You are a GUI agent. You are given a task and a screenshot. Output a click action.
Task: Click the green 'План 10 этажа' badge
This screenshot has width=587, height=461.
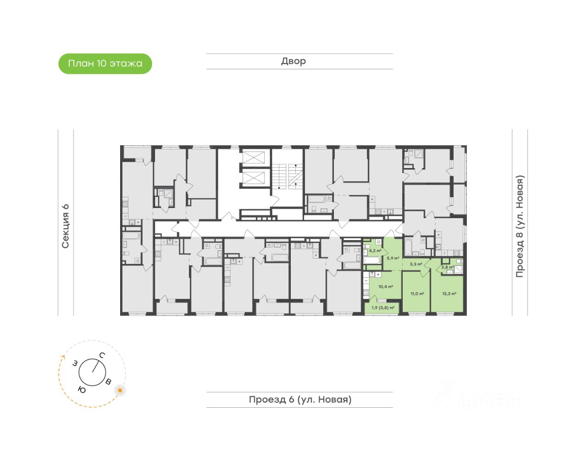coord(105,64)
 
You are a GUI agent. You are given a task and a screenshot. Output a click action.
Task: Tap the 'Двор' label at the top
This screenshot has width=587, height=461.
coord(293,61)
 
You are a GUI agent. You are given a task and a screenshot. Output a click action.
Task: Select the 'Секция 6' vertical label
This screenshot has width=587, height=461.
coord(66,226)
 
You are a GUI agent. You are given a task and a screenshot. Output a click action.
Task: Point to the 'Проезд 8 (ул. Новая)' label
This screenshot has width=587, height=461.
coord(520,226)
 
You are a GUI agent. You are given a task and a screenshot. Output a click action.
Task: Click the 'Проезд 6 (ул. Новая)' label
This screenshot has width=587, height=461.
coord(300,399)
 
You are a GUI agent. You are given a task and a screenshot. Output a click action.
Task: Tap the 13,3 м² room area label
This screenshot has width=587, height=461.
coord(449,294)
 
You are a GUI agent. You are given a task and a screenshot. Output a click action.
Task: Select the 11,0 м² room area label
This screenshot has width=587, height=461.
coord(417,294)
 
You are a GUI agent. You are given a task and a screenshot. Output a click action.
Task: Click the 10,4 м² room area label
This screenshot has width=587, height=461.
coord(385,287)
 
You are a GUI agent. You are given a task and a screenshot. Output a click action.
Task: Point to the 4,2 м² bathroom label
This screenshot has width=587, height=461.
coord(375,251)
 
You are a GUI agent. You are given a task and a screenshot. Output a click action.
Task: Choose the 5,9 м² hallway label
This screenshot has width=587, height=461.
coord(393,258)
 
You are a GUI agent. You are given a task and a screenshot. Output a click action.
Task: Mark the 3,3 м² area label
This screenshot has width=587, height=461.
coord(415,264)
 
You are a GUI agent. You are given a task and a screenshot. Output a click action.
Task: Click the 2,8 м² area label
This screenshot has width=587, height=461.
coord(448,267)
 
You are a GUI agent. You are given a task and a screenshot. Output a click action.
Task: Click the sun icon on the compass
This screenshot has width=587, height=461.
coord(120,390)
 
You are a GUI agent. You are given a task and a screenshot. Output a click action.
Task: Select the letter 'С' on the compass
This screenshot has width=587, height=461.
coord(102,355)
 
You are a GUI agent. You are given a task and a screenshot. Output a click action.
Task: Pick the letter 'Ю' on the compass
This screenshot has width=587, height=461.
coord(82,390)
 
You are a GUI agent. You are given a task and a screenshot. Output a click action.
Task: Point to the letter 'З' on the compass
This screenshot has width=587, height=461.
coord(75,364)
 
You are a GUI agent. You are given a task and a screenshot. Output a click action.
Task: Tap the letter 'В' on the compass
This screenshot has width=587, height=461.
coord(108,382)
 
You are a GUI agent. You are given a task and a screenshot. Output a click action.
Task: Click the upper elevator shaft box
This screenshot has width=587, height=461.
coord(254,157)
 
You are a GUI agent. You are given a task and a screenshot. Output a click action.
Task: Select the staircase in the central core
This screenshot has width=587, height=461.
coord(286,176)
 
